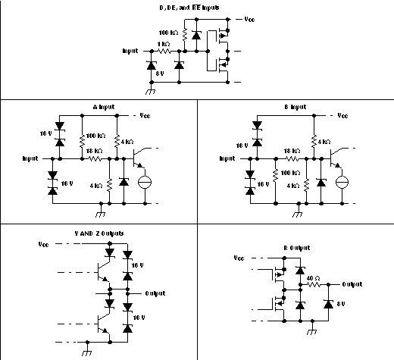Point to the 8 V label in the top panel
(159, 74)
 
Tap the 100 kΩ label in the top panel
(168, 33)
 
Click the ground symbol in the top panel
(151, 90)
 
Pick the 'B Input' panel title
(297, 107)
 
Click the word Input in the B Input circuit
(228, 158)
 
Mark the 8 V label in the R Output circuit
(342, 303)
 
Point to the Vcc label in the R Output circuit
(239, 258)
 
